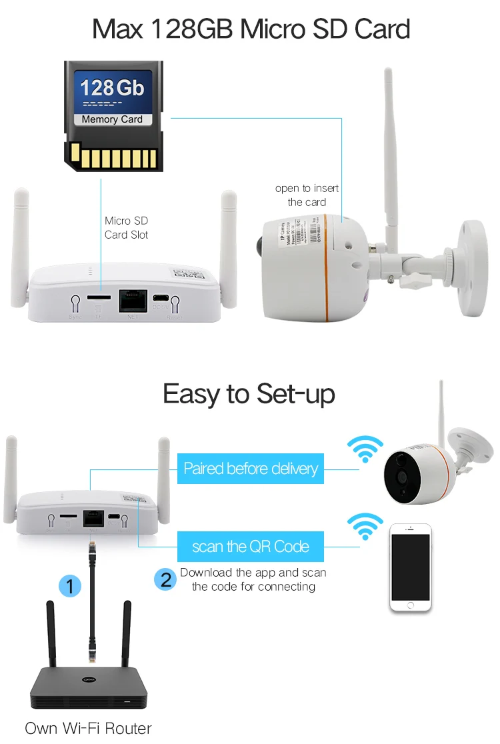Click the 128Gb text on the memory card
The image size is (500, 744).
click(x=112, y=87)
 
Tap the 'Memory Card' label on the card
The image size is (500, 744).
click(x=112, y=119)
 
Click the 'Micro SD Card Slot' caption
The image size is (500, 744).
click(x=126, y=227)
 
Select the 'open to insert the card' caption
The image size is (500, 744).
click(x=307, y=195)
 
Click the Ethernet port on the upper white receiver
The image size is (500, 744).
click(x=132, y=301)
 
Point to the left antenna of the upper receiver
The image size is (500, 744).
click(x=20, y=247)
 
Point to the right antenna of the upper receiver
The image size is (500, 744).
click(x=229, y=247)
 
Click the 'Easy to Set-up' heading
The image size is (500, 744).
click(x=249, y=394)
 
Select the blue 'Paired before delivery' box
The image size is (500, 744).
click(x=251, y=469)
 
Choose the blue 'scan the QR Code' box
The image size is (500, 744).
click(x=251, y=547)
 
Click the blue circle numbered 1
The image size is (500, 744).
click(x=70, y=586)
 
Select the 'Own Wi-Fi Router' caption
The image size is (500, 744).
click(x=88, y=729)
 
